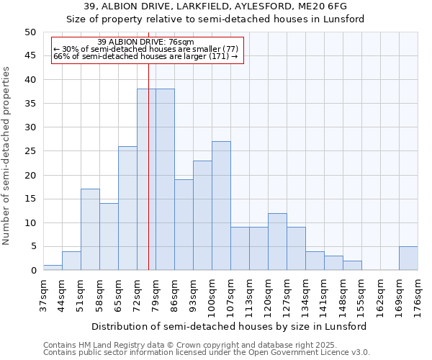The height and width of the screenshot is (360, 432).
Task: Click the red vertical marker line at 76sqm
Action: point(148,180)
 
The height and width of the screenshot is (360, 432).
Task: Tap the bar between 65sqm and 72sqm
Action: point(127,208)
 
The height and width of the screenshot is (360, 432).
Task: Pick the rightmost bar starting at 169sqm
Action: point(408,258)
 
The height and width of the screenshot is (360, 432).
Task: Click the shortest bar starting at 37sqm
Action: point(53,268)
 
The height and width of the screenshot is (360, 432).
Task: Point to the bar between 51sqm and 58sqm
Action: point(90,230)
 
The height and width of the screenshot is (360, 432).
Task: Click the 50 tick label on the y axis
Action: point(30,32)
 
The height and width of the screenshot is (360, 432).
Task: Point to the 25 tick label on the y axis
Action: point(30,151)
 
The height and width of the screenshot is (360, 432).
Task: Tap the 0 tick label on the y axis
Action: point(32,271)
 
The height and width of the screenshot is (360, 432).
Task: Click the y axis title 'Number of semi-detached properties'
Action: point(7,156)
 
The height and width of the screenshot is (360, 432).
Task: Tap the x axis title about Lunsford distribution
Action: point(230,326)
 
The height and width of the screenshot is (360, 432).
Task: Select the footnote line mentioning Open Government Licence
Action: point(207,352)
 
